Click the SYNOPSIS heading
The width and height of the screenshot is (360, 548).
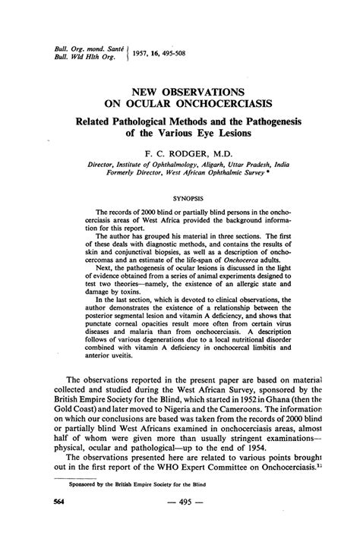click(x=178, y=196)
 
